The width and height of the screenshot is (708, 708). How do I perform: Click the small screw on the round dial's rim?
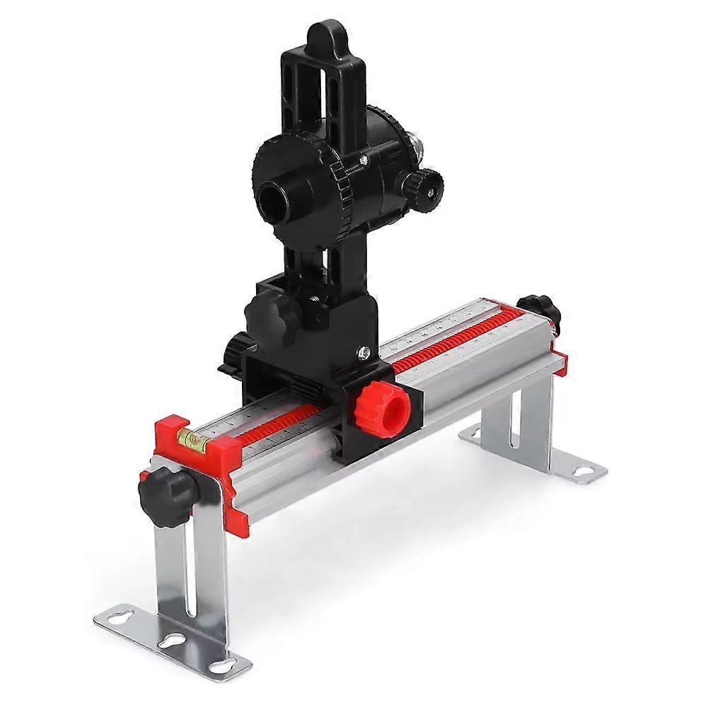[363, 161]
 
